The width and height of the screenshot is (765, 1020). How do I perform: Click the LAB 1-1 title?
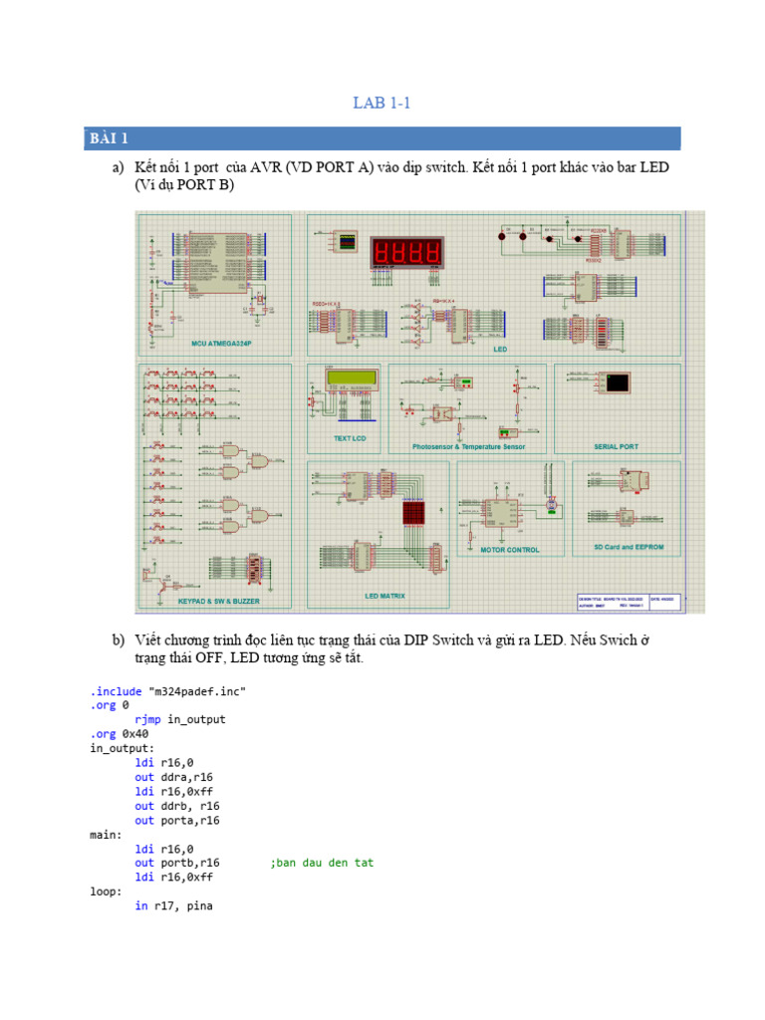(382, 103)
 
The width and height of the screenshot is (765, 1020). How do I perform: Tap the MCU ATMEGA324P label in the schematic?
(221, 343)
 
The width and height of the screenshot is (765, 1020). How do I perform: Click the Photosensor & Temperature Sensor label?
(468, 447)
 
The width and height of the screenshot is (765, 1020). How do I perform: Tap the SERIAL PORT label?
(617, 447)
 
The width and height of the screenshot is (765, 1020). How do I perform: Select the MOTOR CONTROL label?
(510, 550)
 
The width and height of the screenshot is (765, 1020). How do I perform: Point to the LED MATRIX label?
(384, 596)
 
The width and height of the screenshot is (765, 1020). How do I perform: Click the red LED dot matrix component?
(414, 513)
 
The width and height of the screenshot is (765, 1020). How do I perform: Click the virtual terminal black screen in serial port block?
(618, 382)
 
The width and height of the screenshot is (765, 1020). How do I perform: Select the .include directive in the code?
(116, 690)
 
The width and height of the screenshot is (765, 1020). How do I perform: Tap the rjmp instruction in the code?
(148, 719)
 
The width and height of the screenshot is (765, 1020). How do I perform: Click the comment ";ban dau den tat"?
(322, 863)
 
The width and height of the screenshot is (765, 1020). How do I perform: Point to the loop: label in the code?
(106, 892)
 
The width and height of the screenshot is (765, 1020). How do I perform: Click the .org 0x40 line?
(119, 733)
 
